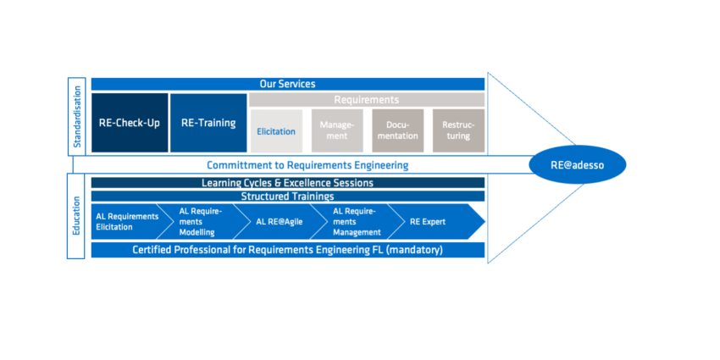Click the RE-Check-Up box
130,123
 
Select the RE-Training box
208,123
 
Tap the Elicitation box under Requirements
276,131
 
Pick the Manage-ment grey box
337,130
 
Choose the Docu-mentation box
397,130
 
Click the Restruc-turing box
459,130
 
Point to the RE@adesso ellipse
577,165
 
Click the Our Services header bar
288,84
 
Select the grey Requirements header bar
367,100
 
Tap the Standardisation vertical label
77,117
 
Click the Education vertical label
76,216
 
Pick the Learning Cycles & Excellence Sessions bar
288,183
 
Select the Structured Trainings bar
288,197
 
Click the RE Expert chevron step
433,221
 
